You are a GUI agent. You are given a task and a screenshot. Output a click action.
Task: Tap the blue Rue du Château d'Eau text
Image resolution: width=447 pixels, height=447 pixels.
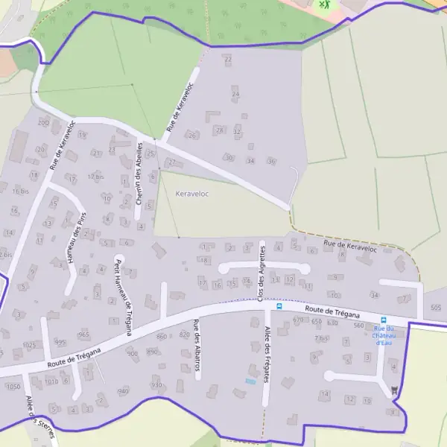pyautogui.click(x=383, y=335)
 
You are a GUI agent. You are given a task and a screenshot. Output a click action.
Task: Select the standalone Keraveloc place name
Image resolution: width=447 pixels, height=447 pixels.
pyautogui.click(x=191, y=194)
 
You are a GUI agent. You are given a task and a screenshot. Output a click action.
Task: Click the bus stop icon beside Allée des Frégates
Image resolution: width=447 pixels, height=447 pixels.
pyautogui.click(x=279, y=305)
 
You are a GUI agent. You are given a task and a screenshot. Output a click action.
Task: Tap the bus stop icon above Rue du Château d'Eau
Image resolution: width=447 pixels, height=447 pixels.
pyautogui.click(x=384, y=319)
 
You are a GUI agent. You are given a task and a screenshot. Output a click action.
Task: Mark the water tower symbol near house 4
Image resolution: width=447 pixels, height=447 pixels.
pyautogui.click(x=394, y=390)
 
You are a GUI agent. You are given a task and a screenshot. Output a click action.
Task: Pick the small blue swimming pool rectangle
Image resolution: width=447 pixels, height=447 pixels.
pyautogui.click(x=250, y=382)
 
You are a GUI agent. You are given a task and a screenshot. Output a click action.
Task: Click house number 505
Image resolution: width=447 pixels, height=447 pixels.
pyautogui.click(x=436, y=308)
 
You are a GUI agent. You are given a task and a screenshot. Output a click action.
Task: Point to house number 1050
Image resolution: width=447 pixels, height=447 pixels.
pyautogui.click(x=12, y=387)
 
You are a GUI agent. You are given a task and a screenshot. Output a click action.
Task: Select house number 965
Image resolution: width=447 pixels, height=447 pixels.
pyautogui.click(x=83, y=335)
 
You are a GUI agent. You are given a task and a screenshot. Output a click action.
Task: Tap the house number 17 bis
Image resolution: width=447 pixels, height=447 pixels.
pyautogui.click(x=95, y=177)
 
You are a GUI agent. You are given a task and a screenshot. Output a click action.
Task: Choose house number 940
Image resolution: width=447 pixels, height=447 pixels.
pyautogui.click(x=124, y=390)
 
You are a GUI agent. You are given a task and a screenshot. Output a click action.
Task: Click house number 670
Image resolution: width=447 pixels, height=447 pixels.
pyautogui.click(x=299, y=320)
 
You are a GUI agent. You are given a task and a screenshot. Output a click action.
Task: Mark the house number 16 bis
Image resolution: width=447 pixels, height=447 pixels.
pyautogui.click(x=20, y=191)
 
